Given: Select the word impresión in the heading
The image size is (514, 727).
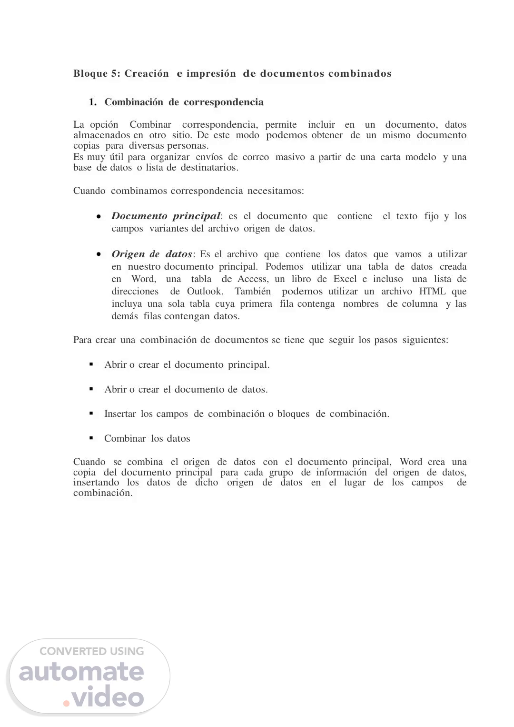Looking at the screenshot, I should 211,74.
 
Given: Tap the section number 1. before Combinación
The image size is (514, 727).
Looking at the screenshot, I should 93,102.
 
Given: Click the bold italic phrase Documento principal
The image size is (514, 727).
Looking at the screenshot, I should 166,216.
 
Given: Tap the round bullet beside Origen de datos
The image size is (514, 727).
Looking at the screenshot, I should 99,254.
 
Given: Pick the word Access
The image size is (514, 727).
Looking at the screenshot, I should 253,279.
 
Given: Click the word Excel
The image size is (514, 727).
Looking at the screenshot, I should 345,279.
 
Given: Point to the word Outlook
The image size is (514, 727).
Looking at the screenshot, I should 205,292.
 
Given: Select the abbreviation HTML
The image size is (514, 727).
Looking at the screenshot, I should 433,292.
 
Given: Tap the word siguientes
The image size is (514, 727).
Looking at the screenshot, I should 425,340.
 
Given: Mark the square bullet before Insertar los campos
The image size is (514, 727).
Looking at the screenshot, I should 91,414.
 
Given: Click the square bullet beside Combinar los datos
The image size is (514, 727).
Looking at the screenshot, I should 91,438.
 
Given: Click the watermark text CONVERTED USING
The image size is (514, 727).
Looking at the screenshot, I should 91,651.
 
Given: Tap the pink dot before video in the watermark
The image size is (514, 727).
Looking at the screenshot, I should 67,701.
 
